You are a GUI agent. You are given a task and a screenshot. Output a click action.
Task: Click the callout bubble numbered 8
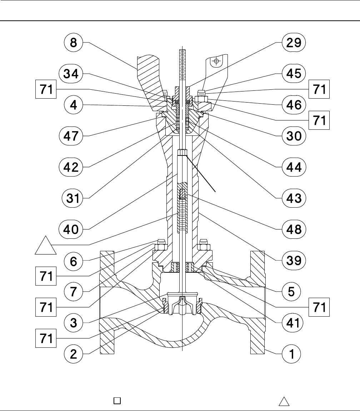tap(73, 44)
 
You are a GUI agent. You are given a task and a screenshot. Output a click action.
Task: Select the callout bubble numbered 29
tap(291, 44)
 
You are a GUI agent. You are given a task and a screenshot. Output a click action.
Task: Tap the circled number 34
tap(73, 74)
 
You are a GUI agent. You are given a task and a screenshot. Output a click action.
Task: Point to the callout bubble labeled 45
tap(291, 74)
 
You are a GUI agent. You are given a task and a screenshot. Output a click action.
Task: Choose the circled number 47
tap(73, 136)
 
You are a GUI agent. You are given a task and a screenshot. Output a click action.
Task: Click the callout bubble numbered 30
tap(291, 136)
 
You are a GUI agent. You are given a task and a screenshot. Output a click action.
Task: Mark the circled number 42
tap(73, 167)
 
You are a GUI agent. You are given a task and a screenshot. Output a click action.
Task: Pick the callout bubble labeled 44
tap(291, 167)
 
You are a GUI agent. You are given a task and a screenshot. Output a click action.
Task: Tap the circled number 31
tap(73, 198)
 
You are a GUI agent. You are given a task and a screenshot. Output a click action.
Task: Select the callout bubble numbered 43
tap(291, 198)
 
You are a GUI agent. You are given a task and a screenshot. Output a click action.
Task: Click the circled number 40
tap(73, 229)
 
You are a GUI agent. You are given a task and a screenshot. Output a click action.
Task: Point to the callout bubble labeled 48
tap(291, 229)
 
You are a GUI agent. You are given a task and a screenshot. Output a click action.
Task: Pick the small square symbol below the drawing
tap(116, 400)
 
